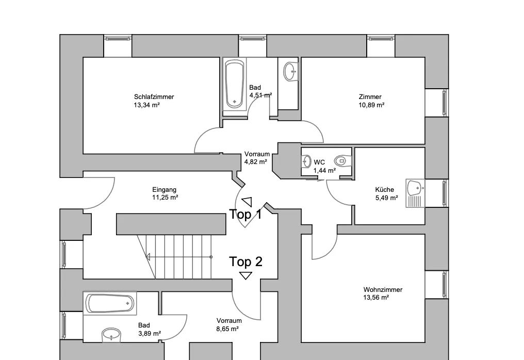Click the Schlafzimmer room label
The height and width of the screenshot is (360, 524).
(x=154, y=97)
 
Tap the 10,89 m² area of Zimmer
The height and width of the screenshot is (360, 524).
(x=371, y=105)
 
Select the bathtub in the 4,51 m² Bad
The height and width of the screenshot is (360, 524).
(x=234, y=84)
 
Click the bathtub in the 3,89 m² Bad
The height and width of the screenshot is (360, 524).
(x=110, y=303)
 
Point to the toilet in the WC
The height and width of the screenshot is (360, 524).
(x=342, y=161)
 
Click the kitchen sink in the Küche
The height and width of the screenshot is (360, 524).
(x=415, y=193)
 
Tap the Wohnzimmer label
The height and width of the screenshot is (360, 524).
(x=383, y=290)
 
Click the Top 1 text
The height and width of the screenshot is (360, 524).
(x=245, y=214)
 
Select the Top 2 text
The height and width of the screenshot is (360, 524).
(x=245, y=261)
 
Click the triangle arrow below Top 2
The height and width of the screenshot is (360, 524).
(x=245, y=276)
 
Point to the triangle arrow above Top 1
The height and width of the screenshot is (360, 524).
(x=248, y=202)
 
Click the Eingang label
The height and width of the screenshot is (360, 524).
(x=164, y=190)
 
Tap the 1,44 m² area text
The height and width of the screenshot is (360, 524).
(x=324, y=171)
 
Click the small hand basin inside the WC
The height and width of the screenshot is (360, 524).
(x=306, y=161)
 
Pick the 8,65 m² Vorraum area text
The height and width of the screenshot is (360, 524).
(x=227, y=329)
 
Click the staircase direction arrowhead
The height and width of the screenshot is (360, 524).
(x=148, y=257)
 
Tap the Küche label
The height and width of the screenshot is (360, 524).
(x=384, y=189)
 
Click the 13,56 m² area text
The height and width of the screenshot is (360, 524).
(x=376, y=298)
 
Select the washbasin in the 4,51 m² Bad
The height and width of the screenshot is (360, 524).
(x=290, y=71)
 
